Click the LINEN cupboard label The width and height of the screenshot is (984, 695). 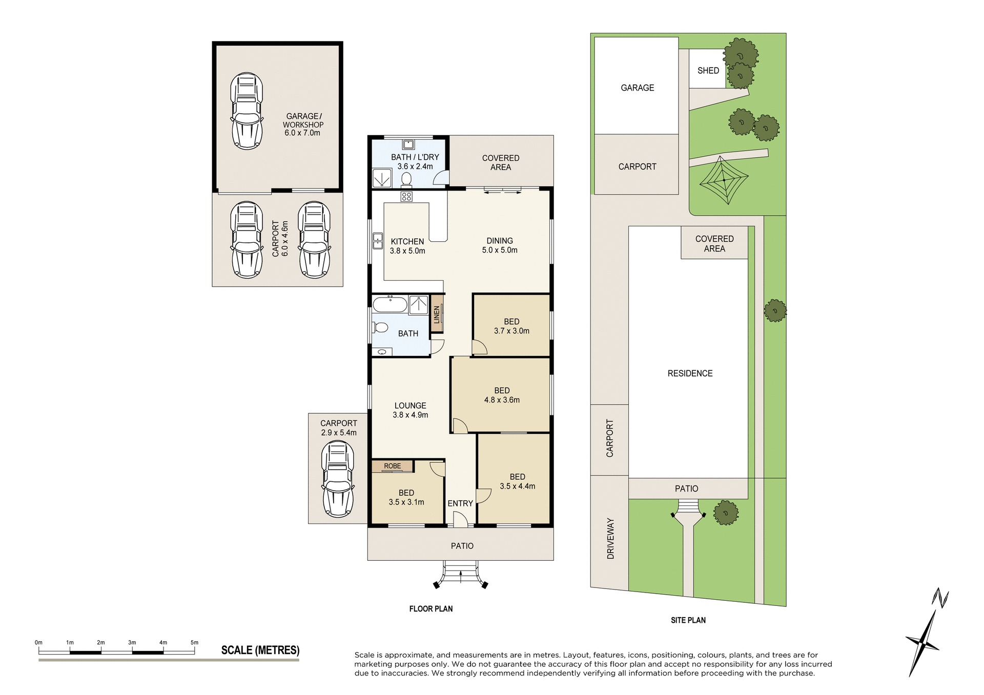pyautogui.click(x=437, y=314)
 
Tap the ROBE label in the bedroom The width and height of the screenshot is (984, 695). pyautogui.click(x=393, y=466)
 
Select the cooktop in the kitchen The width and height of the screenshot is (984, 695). pyautogui.click(x=406, y=197)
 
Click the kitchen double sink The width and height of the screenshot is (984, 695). pyautogui.click(x=378, y=241)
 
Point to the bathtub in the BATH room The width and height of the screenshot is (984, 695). pyautogui.click(x=390, y=305)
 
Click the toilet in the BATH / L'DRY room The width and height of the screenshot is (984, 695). pyautogui.click(x=406, y=179)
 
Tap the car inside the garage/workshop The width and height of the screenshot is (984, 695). pyautogui.click(x=247, y=111)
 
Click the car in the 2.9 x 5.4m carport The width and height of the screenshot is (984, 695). pyautogui.click(x=338, y=479)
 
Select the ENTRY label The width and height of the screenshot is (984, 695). pyautogui.click(x=460, y=503)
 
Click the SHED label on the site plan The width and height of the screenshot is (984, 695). pyautogui.click(x=708, y=71)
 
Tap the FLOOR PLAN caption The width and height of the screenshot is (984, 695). pyautogui.click(x=430, y=609)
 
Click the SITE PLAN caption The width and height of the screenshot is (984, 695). pyautogui.click(x=688, y=620)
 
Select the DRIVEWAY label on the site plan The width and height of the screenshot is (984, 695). pyautogui.click(x=610, y=538)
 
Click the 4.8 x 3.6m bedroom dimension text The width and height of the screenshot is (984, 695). pyautogui.click(x=502, y=400)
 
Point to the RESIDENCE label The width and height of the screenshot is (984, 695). pyautogui.click(x=690, y=373)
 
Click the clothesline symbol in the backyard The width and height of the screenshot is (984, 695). pyautogui.click(x=723, y=180)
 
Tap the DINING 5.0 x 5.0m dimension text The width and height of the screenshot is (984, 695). pyautogui.click(x=500, y=250)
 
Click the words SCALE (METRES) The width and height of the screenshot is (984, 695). pyautogui.click(x=260, y=650)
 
